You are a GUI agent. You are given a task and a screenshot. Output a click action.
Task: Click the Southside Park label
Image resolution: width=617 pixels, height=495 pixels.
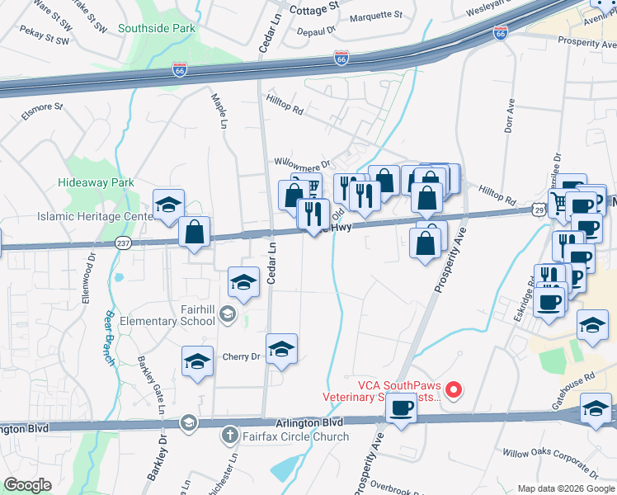click(x=157, y=28)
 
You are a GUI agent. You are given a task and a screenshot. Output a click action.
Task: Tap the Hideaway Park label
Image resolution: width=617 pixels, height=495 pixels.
click(x=96, y=181)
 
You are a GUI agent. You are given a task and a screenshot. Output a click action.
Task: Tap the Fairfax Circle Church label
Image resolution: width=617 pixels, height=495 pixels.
click(x=285, y=436)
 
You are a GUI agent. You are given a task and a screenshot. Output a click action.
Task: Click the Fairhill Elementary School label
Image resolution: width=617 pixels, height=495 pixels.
click(x=185, y=315)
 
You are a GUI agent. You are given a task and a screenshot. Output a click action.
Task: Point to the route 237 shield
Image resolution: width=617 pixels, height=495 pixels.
click(x=123, y=243)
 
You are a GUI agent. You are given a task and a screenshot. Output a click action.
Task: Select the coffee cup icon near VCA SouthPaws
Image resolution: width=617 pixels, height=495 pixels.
click(x=401, y=407)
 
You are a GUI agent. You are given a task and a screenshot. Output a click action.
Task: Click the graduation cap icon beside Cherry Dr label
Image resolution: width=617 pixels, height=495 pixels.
click(x=280, y=349)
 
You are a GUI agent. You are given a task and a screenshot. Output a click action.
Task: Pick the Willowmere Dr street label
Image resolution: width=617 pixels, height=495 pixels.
click(x=302, y=164)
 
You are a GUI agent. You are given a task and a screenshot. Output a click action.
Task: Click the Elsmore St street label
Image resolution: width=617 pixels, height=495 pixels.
click(x=42, y=107)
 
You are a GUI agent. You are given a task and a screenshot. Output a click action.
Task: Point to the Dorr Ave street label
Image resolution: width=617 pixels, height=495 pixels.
click(x=509, y=115)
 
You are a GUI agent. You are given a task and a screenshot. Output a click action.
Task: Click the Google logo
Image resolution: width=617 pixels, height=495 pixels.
click(x=28, y=485)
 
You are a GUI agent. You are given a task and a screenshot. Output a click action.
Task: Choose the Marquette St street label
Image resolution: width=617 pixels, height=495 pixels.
click(x=375, y=15)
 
